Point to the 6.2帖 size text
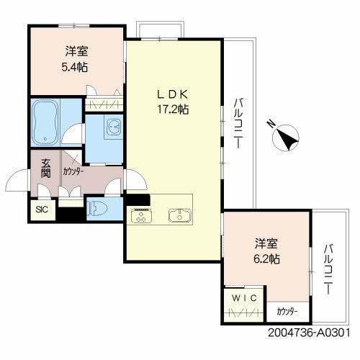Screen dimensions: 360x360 point(266,257)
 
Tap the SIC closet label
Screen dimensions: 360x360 point(40,210)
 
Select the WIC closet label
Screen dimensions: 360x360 point(240,297)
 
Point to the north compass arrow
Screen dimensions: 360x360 point(286,137)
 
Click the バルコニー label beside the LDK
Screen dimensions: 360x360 point(238,122)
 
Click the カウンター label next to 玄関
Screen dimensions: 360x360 point(72,172)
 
